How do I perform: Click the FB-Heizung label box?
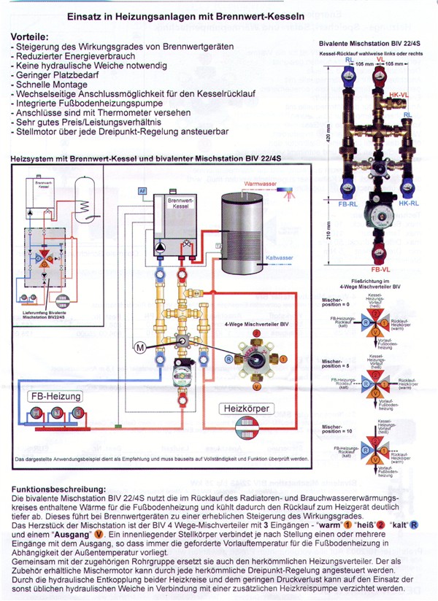55,397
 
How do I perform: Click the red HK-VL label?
399,96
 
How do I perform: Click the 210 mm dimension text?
328,232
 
